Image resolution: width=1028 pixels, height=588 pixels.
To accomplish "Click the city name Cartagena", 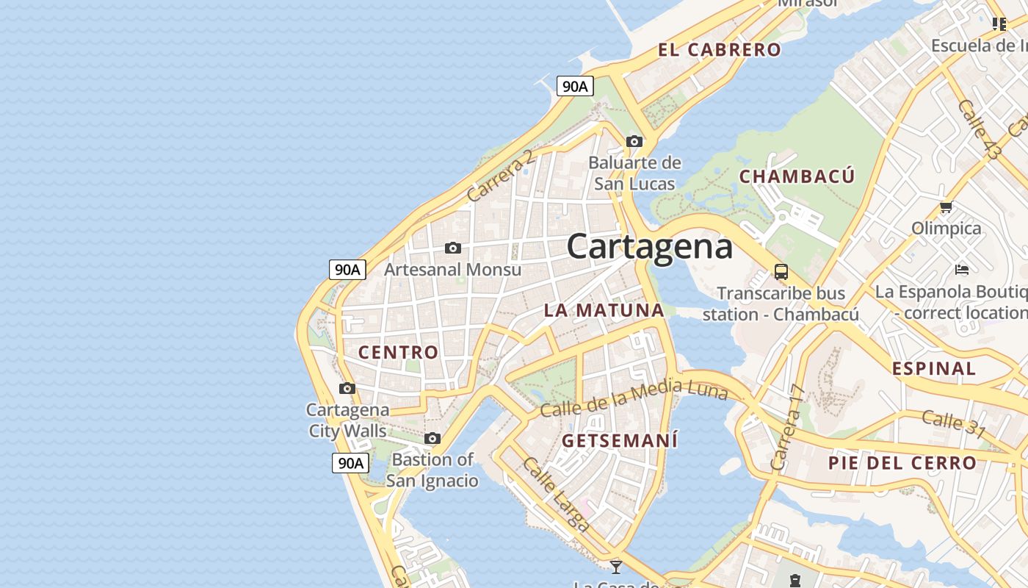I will pyautogui.click(x=650, y=246).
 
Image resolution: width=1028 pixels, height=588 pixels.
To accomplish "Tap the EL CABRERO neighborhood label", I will pyautogui.click(x=719, y=50).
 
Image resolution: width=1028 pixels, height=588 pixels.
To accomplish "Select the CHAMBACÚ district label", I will pyautogui.click(x=797, y=176).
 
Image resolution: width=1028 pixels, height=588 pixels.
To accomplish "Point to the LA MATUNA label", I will pyautogui.click(x=604, y=310).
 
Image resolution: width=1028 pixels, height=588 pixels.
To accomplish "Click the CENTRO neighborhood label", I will pyautogui.click(x=398, y=352).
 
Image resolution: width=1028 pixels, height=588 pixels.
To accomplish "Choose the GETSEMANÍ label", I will pyautogui.click(x=620, y=441).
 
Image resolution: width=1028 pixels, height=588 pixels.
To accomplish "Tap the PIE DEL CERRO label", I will pyautogui.click(x=902, y=463).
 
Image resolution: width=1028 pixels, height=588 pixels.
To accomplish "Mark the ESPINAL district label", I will pyautogui.click(x=934, y=368).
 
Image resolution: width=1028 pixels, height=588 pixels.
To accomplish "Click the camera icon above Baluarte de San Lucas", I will pyautogui.click(x=634, y=141).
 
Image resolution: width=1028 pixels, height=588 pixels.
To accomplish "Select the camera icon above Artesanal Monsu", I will pyautogui.click(x=453, y=248).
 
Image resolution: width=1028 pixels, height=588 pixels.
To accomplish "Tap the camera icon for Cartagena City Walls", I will pyautogui.click(x=347, y=388).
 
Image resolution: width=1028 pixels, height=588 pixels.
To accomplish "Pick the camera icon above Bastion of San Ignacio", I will pyautogui.click(x=432, y=439).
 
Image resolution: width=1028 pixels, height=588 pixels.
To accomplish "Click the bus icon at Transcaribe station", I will pyautogui.click(x=781, y=272).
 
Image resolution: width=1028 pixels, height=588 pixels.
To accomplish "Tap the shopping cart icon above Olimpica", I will pyautogui.click(x=946, y=207).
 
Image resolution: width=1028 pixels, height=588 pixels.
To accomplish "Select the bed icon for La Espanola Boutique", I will pyautogui.click(x=962, y=270).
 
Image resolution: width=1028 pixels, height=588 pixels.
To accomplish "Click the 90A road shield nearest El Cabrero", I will pyautogui.click(x=574, y=86).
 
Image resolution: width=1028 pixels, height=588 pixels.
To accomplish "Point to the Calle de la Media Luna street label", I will pyautogui.click(x=634, y=398).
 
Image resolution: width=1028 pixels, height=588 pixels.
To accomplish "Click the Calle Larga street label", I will pyautogui.click(x=556, y=494).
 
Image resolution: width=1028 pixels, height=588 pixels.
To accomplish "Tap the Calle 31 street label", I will pyautogui.click(x=953, y=423).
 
